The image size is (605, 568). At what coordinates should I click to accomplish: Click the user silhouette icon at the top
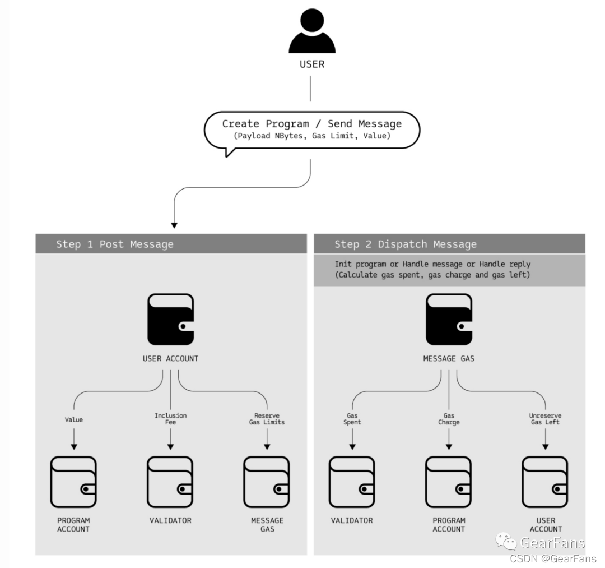pyautogui.click(x=312, y=32)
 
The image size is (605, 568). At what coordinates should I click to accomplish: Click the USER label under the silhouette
pyautogui.click(x=312, y=64)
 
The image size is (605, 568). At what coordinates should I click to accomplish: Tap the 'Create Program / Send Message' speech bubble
pyautogui.click(x=311, y=130)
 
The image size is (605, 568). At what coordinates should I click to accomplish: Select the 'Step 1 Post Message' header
pyautogui.click(x=115, y=244)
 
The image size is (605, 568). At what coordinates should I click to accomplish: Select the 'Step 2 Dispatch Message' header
pyautogui.click(x=406, y=244)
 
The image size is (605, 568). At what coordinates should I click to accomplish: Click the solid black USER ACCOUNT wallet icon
pyautogui.click(x=171, y=320)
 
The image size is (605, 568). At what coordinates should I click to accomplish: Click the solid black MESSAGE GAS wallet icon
pyautogui.click(x=449, y=320)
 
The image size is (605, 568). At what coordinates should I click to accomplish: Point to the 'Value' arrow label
pyautogui.click(x=74, y=419)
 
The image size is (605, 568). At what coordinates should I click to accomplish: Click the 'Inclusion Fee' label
pyautogui.click(x=170, y=419)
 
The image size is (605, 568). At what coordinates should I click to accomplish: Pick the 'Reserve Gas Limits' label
pyautogui.click(x=267, y=419)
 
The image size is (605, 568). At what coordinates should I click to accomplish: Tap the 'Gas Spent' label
pyautogui.click(x=352, y=419)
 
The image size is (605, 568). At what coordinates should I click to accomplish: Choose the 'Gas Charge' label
pyautogui.click(x=449, y=419)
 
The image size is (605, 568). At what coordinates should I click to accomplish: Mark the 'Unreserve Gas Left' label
pyautogui.click(x=545, y=419)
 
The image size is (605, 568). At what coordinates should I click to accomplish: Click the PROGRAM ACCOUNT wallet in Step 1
pyautogui.click(x=73, y=482)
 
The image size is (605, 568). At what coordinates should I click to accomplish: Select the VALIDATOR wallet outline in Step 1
pyautogui.click(x=170, y=482)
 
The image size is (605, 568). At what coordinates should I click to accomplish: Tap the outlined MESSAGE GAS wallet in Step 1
pyautogui.click(x=267, y=482)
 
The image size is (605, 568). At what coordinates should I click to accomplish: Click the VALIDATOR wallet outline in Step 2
pyautogui.click(x=352, y=482)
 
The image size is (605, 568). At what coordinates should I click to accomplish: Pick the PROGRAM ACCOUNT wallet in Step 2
pyautogui.click(x=449, y=482)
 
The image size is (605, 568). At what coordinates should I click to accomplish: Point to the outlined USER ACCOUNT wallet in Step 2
pyautogui.click(x=545, y=482)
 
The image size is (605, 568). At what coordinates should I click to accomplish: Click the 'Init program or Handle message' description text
pyautogui.click(x=432, y=269)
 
